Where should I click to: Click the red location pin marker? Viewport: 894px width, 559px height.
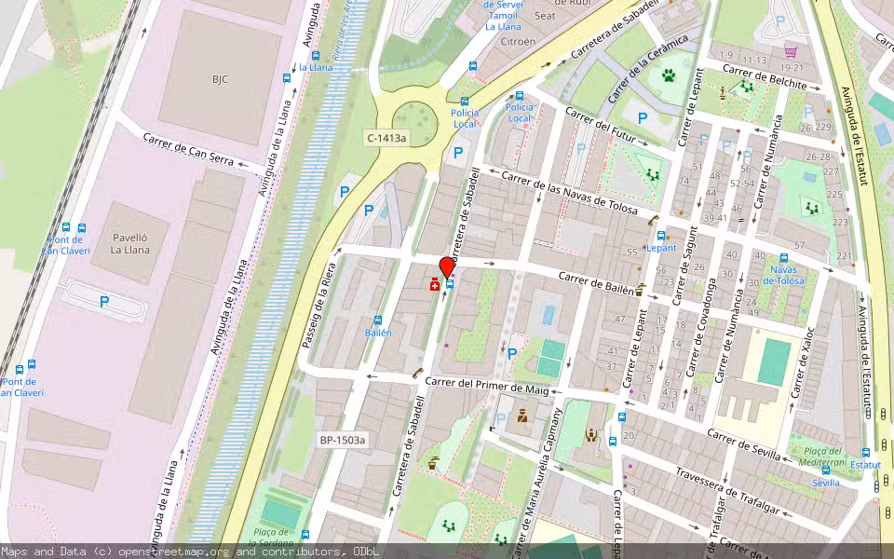click(x=447, y=266)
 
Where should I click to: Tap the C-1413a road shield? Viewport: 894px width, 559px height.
click(x=386, y=138)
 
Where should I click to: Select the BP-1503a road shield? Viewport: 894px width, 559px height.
click(x=343, y=440)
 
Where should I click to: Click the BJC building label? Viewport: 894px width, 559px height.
click(x=220, y=79)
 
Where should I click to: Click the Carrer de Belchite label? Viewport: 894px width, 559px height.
click(x=764, y=77)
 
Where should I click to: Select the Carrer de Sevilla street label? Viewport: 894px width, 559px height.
click(x=743, y=444)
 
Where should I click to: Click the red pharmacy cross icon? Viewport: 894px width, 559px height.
click(x=435, y=285)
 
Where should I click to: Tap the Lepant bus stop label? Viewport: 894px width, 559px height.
click(x=661, y=248)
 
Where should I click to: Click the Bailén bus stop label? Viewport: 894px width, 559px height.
click(x=378, y=333)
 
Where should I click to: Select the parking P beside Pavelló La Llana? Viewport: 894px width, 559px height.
click(x=104, y=302)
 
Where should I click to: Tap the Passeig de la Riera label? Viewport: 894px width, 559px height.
click(x=317, y=306)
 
